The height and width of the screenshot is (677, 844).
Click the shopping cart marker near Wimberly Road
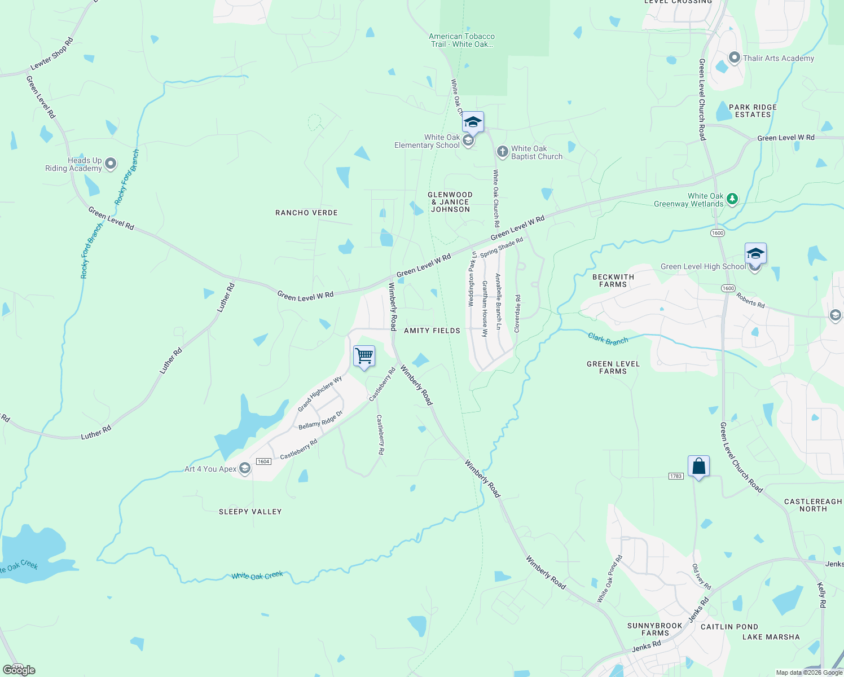(x=364, y=357)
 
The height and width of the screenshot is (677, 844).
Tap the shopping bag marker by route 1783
(x=698, y=467)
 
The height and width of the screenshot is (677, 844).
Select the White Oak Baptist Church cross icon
(x=502, y=152)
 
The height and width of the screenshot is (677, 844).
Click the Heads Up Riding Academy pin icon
(x=111, y=164)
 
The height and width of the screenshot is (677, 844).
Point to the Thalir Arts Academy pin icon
(x=735, y=58)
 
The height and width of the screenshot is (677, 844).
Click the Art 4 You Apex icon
(x=245, y=468)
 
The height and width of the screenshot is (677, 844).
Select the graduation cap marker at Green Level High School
(x=755, y=254)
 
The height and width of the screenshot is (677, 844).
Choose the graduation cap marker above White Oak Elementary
(x=472, y=122)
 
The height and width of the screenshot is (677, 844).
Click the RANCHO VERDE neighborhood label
(x=306, y=213)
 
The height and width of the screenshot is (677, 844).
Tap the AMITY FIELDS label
(x=432, y=331)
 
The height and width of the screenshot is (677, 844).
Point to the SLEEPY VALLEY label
(x=250, y=512)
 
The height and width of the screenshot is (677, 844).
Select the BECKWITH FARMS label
(x=613, y=280)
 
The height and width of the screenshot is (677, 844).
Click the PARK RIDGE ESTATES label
(x=753, y=111)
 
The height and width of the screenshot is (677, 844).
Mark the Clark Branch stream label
(x=608, y=339)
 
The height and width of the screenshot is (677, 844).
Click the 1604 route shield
(x=263, y=461)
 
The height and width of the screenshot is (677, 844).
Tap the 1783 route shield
(x=676, y=476)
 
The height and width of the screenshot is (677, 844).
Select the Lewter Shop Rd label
(x=52, y=54)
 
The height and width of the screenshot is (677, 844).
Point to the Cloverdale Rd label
(x=517, y=313)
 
